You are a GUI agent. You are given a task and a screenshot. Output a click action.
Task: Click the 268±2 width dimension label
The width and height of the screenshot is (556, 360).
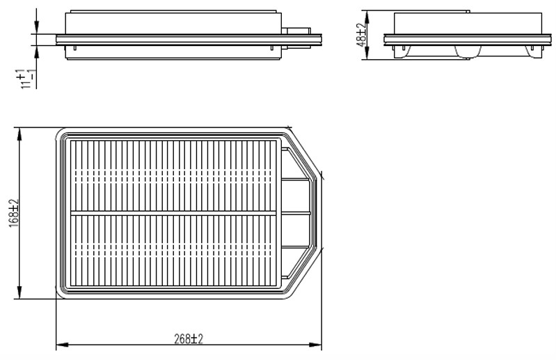pyautogui.click(x=189, y=339)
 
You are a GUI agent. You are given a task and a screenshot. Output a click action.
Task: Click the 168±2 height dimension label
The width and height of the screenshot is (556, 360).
pyautogui.click(x=14, y=213)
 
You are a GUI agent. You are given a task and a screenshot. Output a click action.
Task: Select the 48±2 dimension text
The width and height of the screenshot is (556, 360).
pyautogui.click(x=361, y=35)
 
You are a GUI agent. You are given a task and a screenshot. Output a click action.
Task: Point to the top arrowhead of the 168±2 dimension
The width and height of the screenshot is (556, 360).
pyautogui.click(x=19, y=134)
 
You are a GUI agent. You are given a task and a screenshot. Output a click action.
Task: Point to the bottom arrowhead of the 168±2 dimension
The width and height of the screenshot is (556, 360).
pyautogui.click(x=19, y=292)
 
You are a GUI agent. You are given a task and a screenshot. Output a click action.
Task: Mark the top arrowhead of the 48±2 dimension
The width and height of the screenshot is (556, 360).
pyautogui.click(x=367, y=17)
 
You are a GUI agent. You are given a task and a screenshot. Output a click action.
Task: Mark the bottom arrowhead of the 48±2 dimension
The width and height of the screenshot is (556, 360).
pyautogui.click(x=367, y=53)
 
